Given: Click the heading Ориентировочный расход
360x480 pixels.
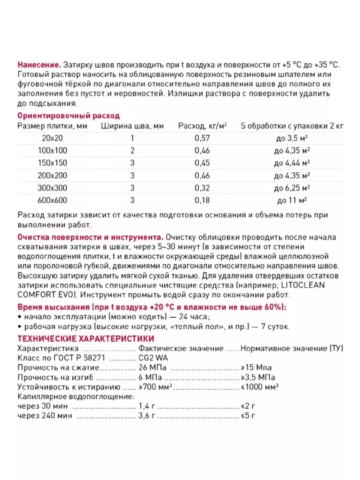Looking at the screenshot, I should coord(68,116).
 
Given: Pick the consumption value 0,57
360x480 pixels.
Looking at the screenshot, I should coord(202,138).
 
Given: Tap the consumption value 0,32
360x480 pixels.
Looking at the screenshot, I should coord(202,188).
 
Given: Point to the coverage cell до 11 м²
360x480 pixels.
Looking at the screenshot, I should coord(292,200).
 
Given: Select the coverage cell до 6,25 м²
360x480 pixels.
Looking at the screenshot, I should coord(292,188).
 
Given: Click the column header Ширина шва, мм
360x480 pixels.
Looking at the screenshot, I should coord(132,126).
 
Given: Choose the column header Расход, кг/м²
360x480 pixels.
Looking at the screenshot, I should coord(202,126).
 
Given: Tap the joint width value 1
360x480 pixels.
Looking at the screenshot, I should coord(132,138).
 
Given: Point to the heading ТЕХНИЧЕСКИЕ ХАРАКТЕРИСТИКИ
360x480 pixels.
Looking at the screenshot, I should coord(86,338).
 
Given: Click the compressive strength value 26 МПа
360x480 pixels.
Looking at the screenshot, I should coord(153,367).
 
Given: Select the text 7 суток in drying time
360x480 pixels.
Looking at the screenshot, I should coord(273,327).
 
